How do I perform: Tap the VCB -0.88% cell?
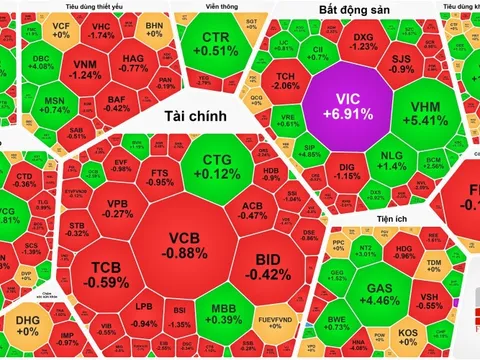(x=187, y=244)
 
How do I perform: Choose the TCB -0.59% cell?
(x=103, y=275)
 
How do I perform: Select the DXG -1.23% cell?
(x=363, y=42)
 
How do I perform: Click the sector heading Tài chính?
(x=184, y=117)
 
